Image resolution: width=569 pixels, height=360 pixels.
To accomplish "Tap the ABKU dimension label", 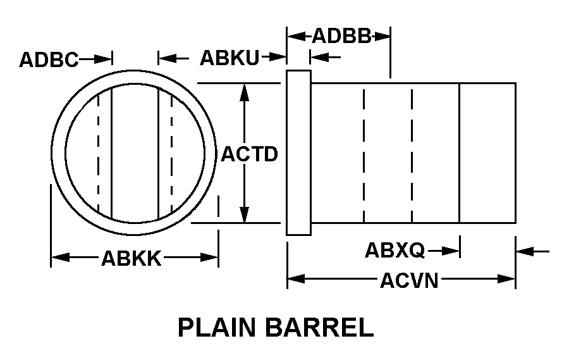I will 229,58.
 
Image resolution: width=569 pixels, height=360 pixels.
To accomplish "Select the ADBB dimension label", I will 341,36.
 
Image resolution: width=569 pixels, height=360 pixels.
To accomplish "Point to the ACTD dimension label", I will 249,154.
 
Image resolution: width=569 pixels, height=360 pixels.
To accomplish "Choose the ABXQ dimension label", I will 395,251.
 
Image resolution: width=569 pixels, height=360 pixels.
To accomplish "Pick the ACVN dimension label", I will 409,280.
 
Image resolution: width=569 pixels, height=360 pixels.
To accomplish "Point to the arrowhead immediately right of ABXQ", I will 451,251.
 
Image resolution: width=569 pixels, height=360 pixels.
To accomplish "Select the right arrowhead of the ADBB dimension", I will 383,36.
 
